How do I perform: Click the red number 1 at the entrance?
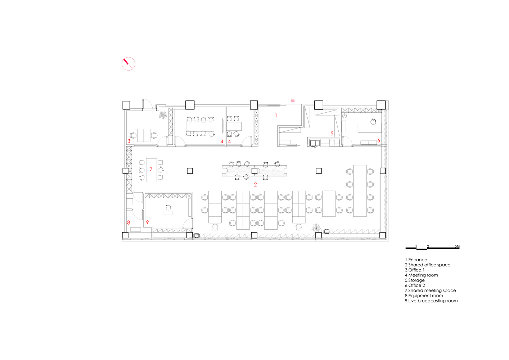[276, 116]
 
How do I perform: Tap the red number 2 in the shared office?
[255, 185]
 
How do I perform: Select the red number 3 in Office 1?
[129, 141]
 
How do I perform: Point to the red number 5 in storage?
[332, 134]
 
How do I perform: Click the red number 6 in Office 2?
[379, 141]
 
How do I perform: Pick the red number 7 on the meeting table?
[151, 169]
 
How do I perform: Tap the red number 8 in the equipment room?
[129, 222]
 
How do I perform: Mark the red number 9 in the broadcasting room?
[147, 222]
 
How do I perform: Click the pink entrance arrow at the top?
[293, 101]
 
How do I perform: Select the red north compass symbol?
[128, 64]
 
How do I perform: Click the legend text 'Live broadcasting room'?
[431, 301]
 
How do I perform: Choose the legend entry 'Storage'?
[415, 280]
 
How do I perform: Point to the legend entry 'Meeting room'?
[421, 275]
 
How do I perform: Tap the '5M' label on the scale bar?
[457, 247]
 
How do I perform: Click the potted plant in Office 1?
[163, 115]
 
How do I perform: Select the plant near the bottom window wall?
[316, 227]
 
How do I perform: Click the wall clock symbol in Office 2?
[344, 116]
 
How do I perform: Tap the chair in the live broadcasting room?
[168, 207]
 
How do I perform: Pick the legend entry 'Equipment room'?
[424, 296]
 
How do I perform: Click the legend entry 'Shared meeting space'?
[430, 291]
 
